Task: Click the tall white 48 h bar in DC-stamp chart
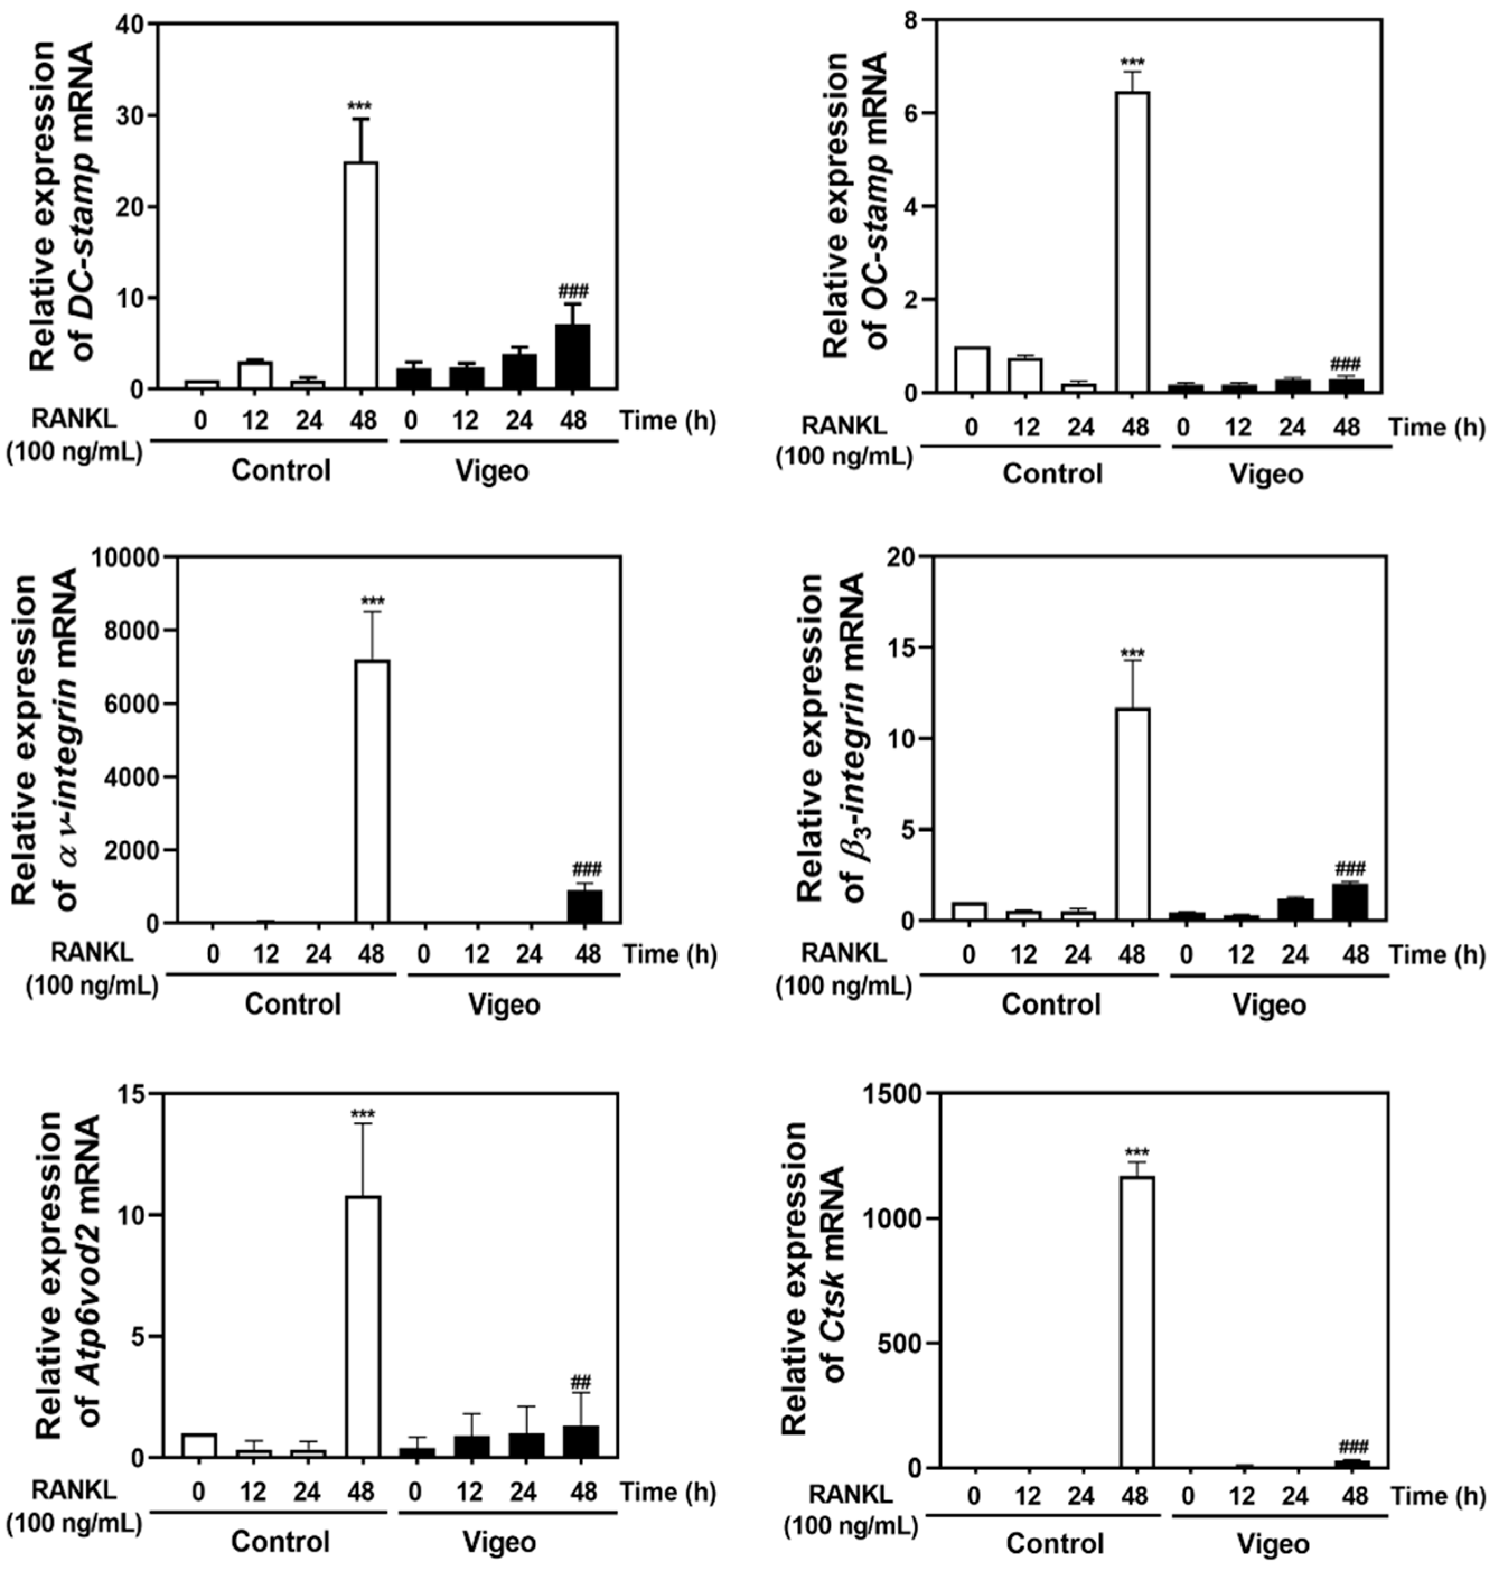(x=360, y=275)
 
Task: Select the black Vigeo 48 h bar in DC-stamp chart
(x=573, y=357)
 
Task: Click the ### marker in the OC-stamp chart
(x=1346, y=363)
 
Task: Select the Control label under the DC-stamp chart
(x=280, y=471)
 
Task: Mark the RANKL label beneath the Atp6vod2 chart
(x=74, y=1488)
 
